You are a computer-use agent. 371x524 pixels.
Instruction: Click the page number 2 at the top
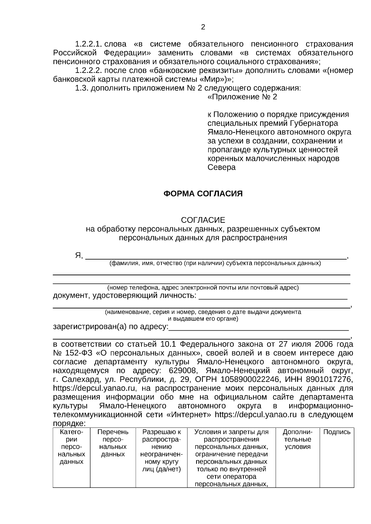(203, 27)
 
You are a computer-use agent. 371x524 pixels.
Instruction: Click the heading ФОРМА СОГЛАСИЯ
(203, 194)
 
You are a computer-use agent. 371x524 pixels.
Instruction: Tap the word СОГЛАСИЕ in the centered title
(203, 220)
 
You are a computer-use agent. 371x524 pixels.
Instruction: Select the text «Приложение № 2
(242, 97)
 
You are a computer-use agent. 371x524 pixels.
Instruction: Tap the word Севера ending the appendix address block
(221, 167)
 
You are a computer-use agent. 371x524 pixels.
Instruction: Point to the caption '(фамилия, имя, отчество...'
(215, 264)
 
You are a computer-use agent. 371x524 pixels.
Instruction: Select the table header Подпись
(337, 432)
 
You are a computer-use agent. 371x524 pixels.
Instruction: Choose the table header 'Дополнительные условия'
(297, 439)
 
